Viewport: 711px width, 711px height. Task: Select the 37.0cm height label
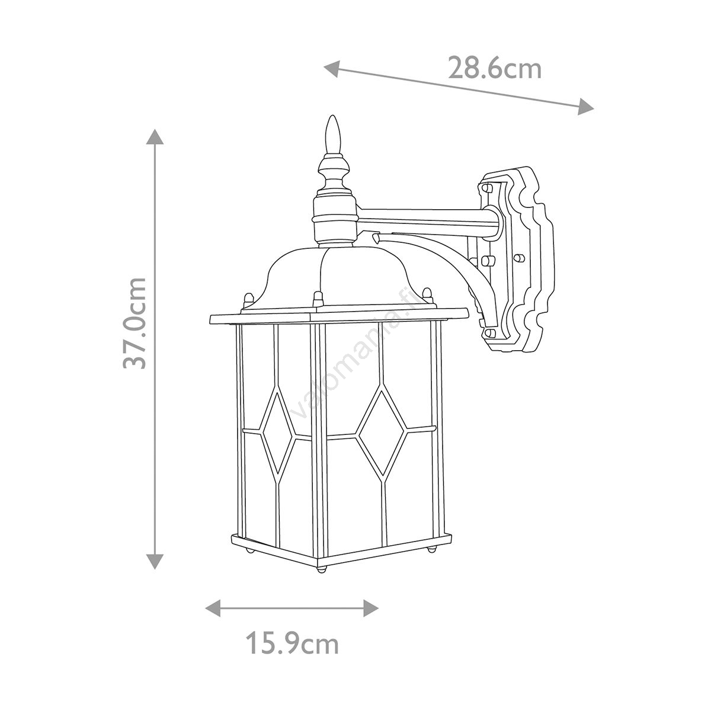coord(134,324)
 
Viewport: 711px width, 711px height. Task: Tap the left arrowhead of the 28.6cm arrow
coord(331,69)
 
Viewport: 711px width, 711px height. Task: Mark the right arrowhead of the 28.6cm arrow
coord(586,107)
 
